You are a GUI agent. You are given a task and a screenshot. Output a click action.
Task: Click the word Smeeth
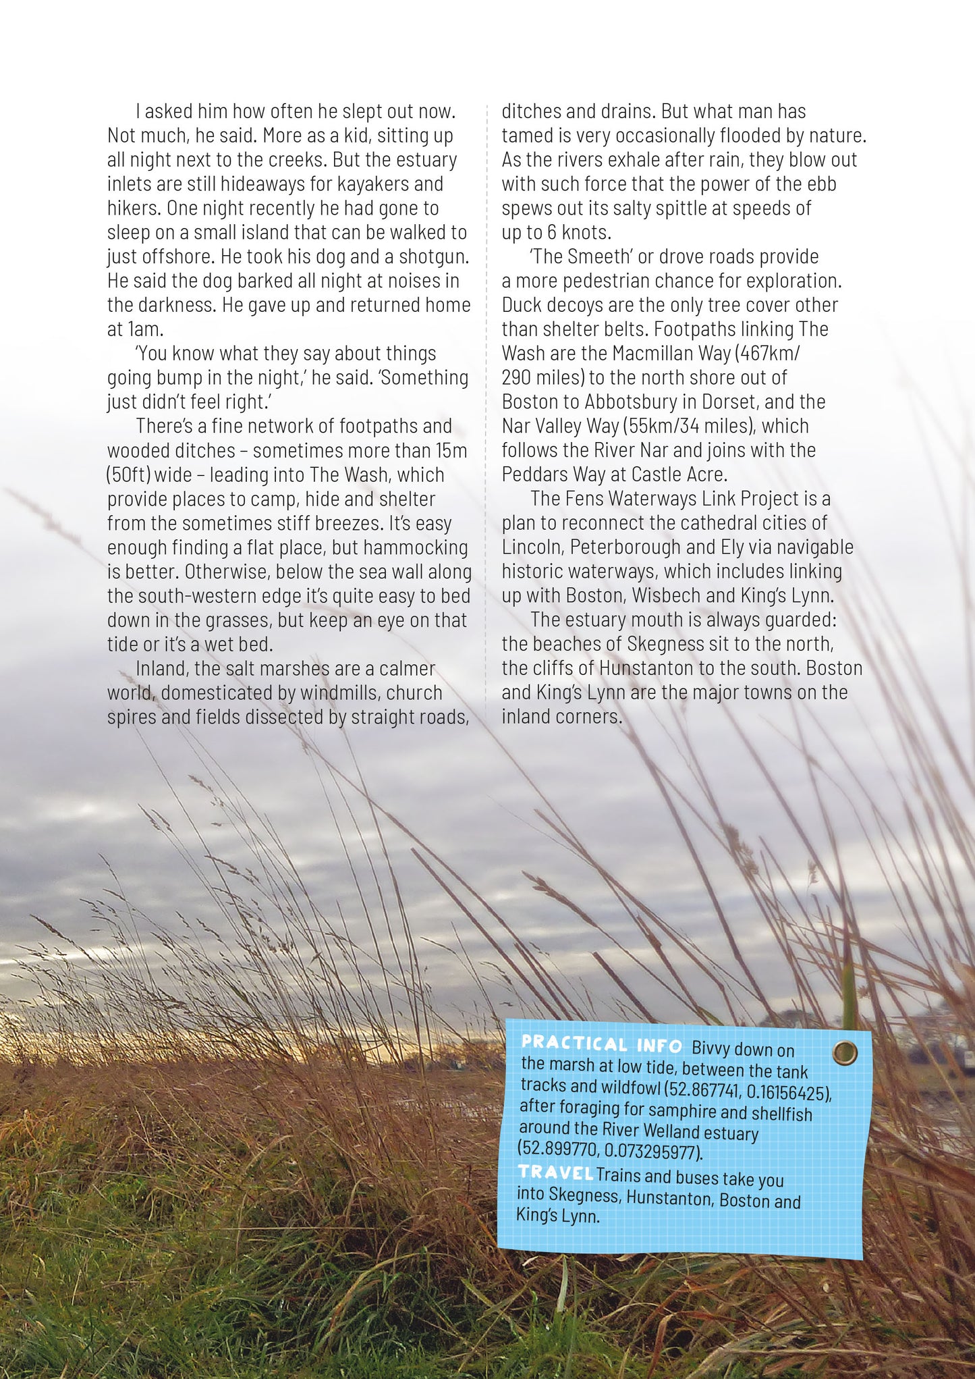click(589, 257)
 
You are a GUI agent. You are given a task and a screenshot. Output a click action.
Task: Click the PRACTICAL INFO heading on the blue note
click(601, 1044)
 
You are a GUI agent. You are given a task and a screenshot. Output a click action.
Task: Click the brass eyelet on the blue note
click(845, 1052)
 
